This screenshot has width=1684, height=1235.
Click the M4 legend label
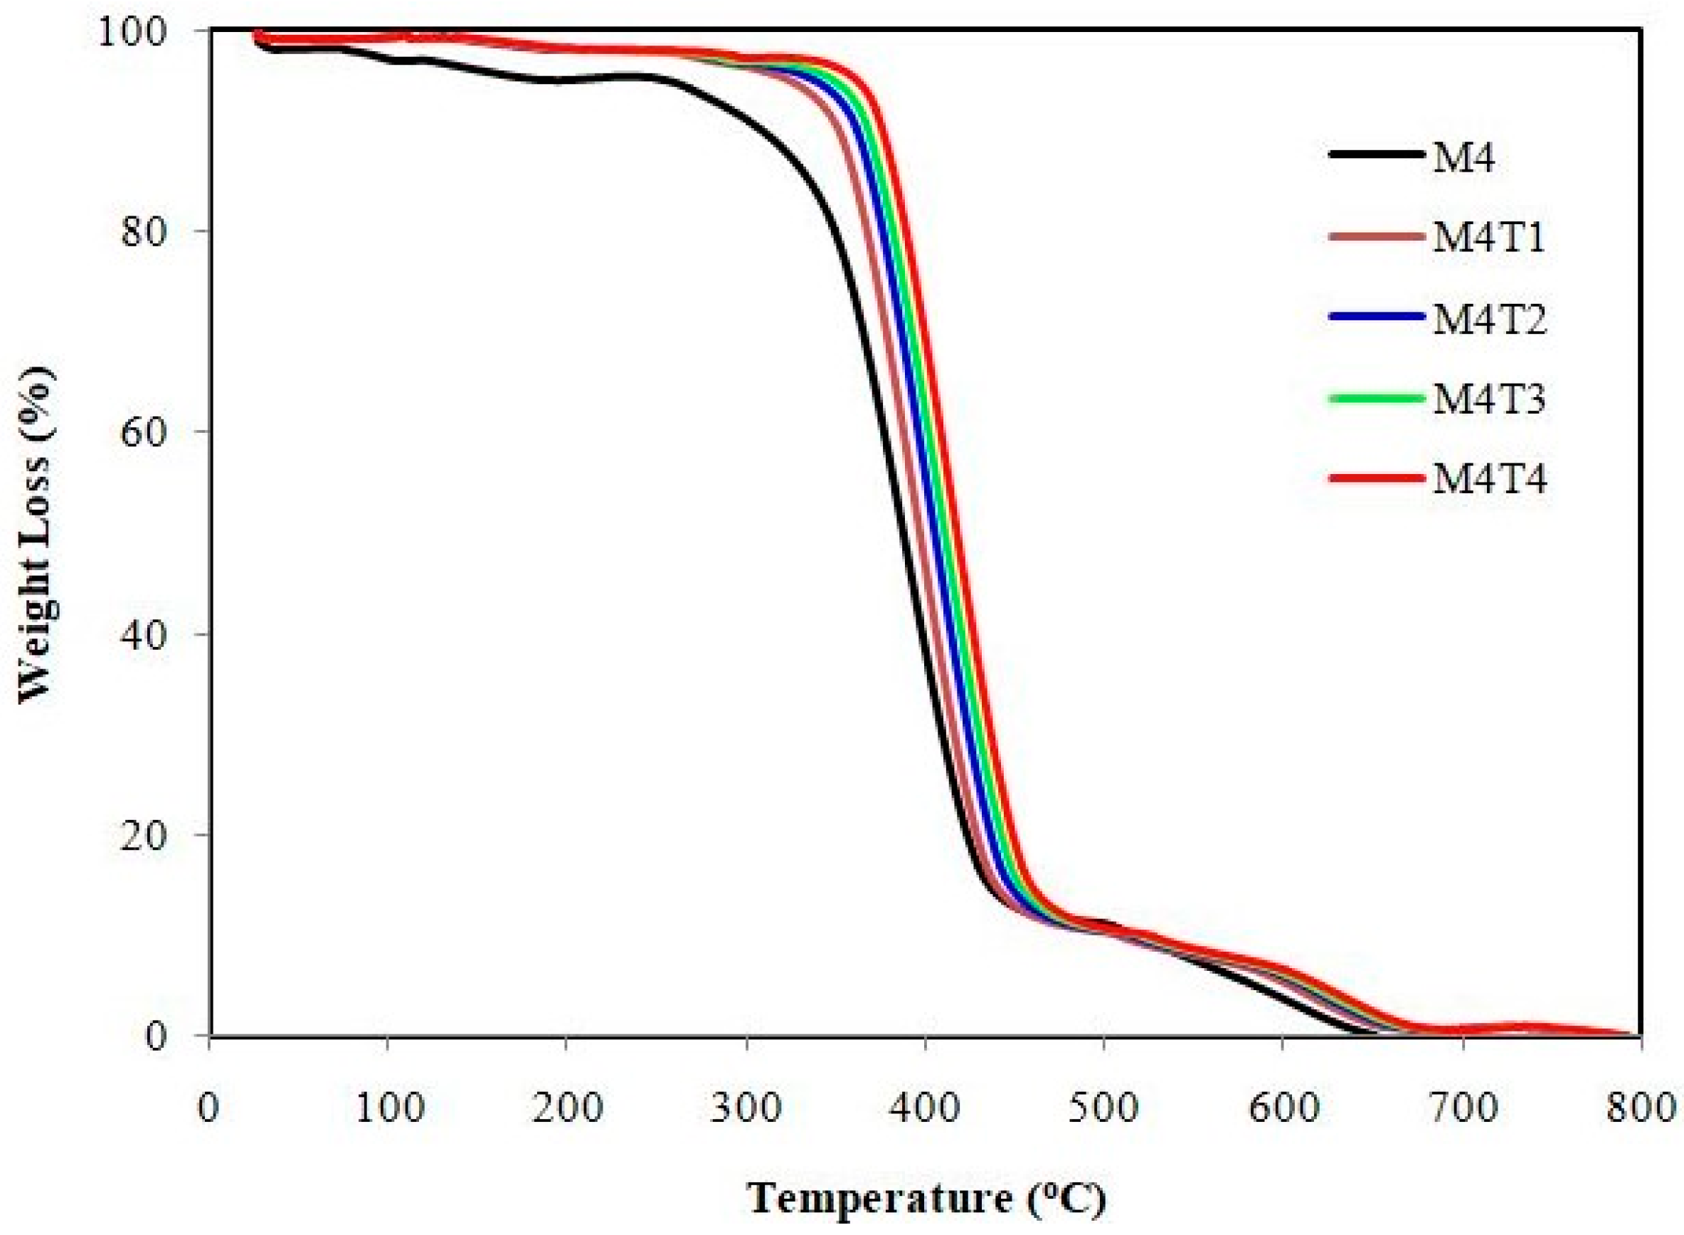(1463, 158)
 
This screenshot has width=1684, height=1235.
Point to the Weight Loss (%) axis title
(36, 534)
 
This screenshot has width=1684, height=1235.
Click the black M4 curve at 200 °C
(566, 80)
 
